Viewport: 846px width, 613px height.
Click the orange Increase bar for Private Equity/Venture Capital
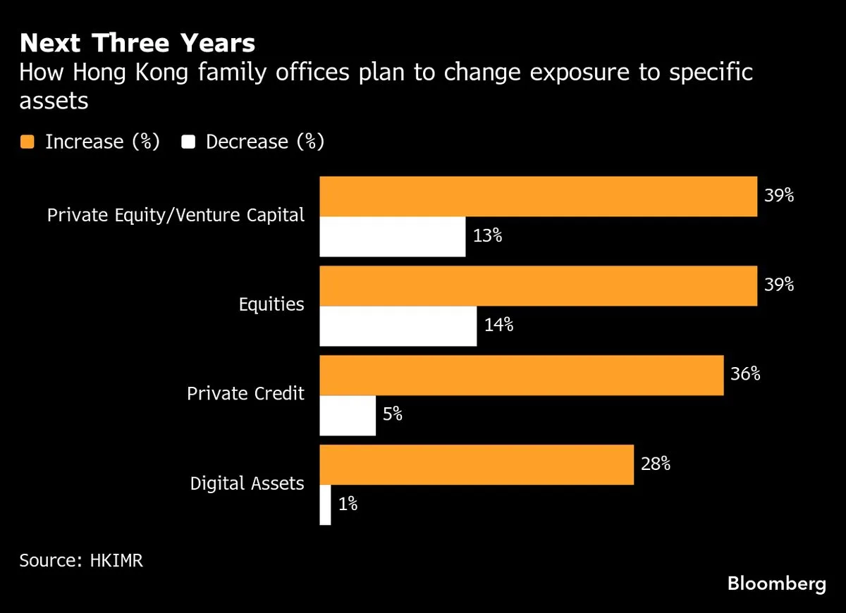538,197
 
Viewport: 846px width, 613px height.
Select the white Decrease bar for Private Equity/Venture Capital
393,237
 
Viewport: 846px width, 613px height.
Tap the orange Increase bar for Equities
538,286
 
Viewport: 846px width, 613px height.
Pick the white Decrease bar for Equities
398,326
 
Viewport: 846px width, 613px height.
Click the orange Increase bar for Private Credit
522,376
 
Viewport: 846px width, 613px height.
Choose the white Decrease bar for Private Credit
348,416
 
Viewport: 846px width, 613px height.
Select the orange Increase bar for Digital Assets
477,465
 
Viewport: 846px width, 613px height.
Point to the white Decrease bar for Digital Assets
326,505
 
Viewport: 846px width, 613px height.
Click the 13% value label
487,236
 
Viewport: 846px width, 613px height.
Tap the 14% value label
498,326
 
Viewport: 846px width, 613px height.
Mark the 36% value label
745,374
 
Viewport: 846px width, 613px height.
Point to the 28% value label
655,464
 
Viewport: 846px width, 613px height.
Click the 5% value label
393,415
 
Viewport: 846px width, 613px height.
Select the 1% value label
348,504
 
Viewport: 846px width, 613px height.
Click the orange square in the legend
27,142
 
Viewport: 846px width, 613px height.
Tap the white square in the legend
188,142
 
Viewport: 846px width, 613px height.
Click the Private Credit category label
245,393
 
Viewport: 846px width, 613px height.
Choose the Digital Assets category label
247,483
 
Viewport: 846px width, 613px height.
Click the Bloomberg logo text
776,584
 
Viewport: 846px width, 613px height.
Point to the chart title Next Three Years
137,44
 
